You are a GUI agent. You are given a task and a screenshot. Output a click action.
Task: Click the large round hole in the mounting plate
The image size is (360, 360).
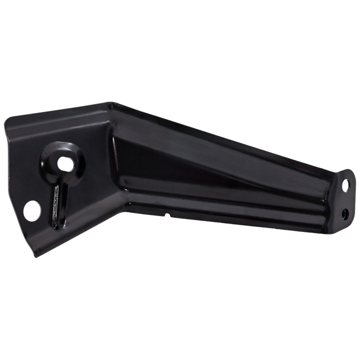coord(32,210)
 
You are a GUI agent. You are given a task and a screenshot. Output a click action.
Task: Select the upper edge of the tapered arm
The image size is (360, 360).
coord(231,136)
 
